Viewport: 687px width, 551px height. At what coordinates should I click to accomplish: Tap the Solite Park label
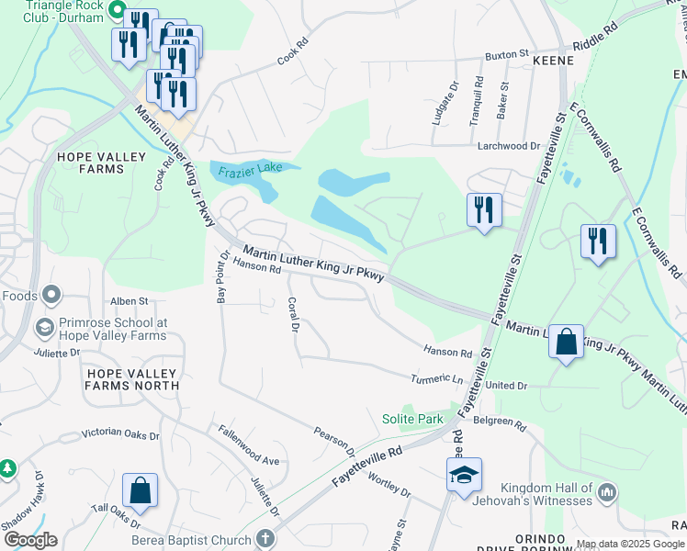[412, 419]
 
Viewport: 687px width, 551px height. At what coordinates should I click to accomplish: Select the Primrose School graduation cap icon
[43, 327]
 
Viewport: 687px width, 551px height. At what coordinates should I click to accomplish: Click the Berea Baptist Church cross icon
[265, 540]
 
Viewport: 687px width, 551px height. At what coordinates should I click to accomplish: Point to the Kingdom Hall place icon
[606, 493]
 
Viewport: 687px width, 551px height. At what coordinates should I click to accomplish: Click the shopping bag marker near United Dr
[567, 343]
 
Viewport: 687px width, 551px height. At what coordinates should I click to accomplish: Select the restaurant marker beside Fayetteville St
[483, 209]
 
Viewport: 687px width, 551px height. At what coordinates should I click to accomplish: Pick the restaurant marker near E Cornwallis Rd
[598, 242]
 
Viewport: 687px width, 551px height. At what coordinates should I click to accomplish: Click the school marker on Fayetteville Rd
[463, 475]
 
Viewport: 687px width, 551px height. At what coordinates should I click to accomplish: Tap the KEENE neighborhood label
[553, 61]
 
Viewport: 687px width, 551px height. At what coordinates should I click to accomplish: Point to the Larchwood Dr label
[509, 146]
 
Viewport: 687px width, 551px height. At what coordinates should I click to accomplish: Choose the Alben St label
[130, 300]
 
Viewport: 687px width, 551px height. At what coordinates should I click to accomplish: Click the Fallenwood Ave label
[248, 444]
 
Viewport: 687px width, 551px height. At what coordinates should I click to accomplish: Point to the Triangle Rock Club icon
[117, 10]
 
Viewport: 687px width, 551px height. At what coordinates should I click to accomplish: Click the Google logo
[29, 540]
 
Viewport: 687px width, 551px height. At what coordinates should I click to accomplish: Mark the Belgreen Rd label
[501, 424]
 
